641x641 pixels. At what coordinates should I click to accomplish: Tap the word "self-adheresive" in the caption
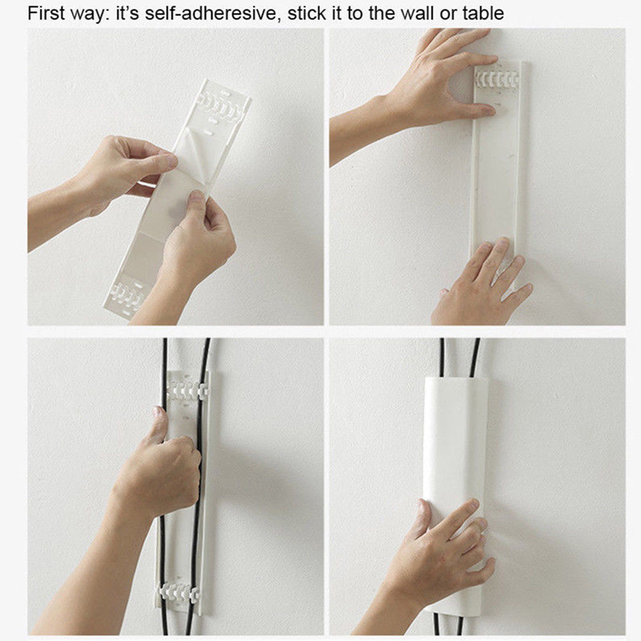click(x=210, y=14)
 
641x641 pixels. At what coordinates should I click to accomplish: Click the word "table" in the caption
click(x=483, y=14)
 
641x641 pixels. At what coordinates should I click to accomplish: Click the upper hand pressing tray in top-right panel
click(x=449, y=80)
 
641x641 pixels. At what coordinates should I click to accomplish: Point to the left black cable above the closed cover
click(x=442, y=357)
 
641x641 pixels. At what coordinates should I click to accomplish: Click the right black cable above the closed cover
click(x=475, y=357)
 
